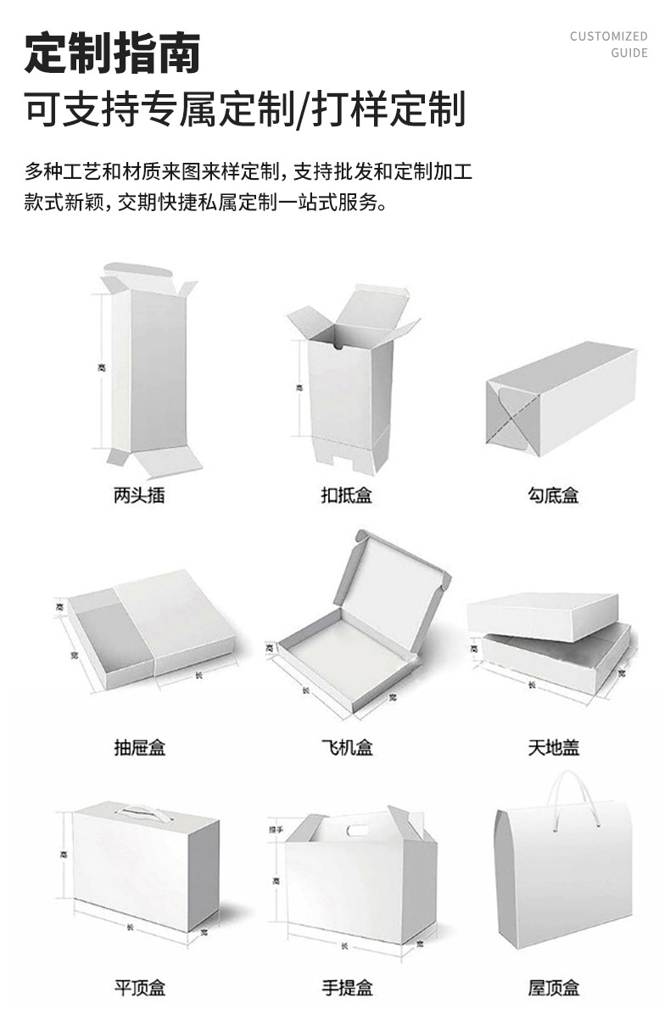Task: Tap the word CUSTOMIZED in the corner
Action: [x=608, y=36]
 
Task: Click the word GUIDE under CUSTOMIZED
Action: [x=628, y=53]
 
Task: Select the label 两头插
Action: [x=139, y=495]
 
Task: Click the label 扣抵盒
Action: [x=346, y=495]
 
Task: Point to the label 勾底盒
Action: [x=554, y=495]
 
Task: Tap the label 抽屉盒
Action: [x=139, y=747]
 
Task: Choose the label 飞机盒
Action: [x=346, y=747]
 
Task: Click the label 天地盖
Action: [x=554, y=747]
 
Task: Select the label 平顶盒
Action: [x=139, y=988]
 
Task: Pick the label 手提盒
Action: [x=346, y=988]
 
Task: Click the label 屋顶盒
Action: [x=554, y=988]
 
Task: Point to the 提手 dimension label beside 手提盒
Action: [x=275, y=828]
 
